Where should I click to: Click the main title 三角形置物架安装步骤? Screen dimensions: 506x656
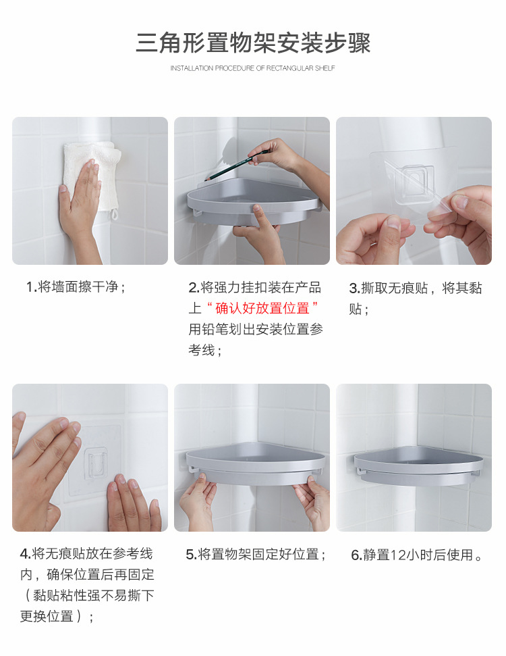pyautogui.click(x=253, y=43)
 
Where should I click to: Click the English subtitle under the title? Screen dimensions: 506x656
pyautogui.click(x=252, y=68)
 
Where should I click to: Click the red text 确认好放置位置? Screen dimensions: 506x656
pyautogui.click(x=262, y=308)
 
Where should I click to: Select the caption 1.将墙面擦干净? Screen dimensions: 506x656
pyautogui.click(x=76, y=287)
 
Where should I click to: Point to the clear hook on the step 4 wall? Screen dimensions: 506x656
pyautogui.click(x=96, y=463)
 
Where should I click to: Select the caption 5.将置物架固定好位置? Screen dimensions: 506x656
pyautogui.click(x=256, y=555)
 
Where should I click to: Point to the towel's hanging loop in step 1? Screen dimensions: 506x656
pyautogui.click(x=115, y=215)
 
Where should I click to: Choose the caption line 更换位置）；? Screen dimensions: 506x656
pyautogui.click(x=57, y=617)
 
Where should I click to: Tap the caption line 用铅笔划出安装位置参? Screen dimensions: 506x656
pyautogui.click(x=256, y=329)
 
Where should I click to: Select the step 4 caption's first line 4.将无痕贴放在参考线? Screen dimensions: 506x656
pyautogui.click(x=86, y=554)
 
